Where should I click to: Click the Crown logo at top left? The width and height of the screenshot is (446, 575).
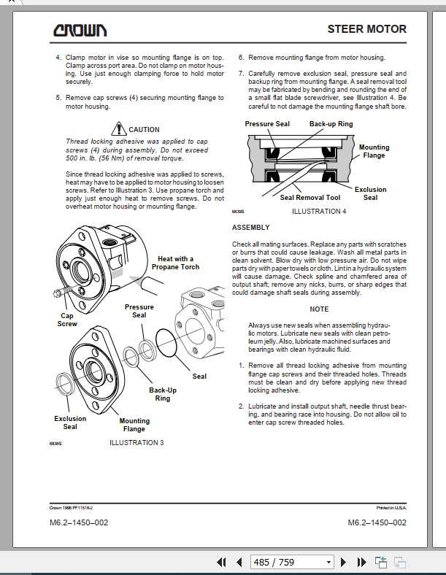(x=80, y=30)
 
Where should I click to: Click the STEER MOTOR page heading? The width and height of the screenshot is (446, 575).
(x=366, y=29)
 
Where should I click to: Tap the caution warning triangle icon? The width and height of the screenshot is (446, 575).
(x=119, y=128)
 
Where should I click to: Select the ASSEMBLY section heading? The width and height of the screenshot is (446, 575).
(x=250, y=228)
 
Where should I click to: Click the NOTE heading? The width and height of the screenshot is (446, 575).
(x=319, y=309)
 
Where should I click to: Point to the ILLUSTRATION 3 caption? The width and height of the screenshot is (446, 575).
(x=137, y=443)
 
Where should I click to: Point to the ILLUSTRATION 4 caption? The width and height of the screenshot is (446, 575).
(x=319, y=212)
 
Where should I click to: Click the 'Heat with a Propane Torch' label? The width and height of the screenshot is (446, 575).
(x=175, y=263)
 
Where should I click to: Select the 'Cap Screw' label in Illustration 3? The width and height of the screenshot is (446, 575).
(x=67, y=320)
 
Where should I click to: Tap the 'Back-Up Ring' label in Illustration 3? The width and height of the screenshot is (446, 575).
(x=163, y=394)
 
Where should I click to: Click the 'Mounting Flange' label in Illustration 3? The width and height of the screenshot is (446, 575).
(x=134, y=425)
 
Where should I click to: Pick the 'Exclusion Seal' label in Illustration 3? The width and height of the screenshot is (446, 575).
(x=70, y=422)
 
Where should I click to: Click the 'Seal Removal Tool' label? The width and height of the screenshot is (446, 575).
(x=310, y=198)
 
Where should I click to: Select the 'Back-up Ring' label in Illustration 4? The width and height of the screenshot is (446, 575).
(x=331, y=124)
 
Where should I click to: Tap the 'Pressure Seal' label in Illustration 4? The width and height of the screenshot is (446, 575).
(x=267, y=124)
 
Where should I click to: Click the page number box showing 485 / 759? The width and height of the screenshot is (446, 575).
(x=291, y=562)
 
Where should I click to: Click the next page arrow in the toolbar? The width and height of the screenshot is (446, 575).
(x=342, y=562)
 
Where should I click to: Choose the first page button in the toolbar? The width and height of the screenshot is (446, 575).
(x=222, y=562)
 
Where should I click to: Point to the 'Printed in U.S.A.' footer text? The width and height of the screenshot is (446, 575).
(x=392, y=507)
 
